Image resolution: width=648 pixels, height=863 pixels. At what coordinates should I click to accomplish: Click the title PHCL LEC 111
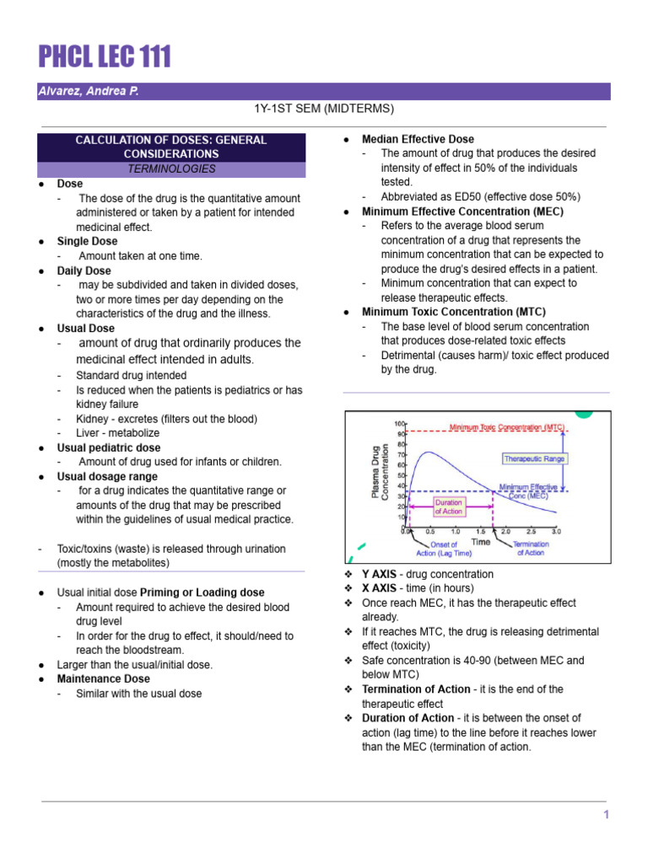pos(105,56)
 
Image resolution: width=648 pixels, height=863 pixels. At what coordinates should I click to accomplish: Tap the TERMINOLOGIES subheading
pos(171,169)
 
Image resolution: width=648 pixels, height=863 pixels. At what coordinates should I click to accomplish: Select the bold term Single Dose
pos(87,241)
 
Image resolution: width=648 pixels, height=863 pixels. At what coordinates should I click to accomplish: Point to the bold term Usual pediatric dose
pos(108,448)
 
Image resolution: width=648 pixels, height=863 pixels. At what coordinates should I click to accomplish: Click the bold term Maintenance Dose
pos(103,678)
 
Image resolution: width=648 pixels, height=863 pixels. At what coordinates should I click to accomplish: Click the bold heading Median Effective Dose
pos(418,139)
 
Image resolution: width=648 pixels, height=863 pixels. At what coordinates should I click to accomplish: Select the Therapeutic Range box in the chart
pos(535,459)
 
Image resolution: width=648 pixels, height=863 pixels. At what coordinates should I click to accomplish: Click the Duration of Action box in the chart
pos(448,506)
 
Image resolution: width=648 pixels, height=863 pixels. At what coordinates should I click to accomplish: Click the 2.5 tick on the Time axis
pos(531,533)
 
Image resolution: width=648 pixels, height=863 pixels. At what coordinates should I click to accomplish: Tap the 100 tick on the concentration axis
pos(399,423)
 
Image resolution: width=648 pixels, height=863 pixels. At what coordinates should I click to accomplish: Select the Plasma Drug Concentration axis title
pos(379,472)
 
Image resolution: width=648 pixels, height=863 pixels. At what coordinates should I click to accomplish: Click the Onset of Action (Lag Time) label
pos(437,549)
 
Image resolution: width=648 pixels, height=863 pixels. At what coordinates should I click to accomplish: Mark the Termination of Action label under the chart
pos(531,549)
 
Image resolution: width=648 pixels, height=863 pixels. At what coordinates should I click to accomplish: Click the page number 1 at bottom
pos(606,814)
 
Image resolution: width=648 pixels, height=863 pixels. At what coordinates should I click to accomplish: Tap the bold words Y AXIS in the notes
pos(379,574)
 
